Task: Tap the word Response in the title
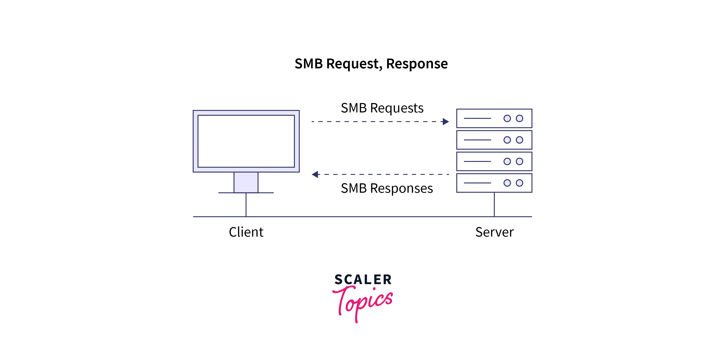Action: (417, 64)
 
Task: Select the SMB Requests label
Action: (382, 108)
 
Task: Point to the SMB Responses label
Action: (387, 188)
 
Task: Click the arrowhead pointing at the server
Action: (446, 122)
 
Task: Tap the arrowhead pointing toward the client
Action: (315, 175)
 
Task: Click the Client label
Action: (246, 232)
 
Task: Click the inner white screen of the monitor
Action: (246, 141)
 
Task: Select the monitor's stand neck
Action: (246, 182)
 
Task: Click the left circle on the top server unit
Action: (507, 118)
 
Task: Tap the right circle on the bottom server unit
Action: (519, 183)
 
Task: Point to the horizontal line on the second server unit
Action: (477, 140)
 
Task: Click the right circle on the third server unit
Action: (519, 161)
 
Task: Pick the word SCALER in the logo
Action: (363, 280)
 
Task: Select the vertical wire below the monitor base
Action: (246, 205)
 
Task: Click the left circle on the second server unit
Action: (507, 140)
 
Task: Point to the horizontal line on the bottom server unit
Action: (477, 183)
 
